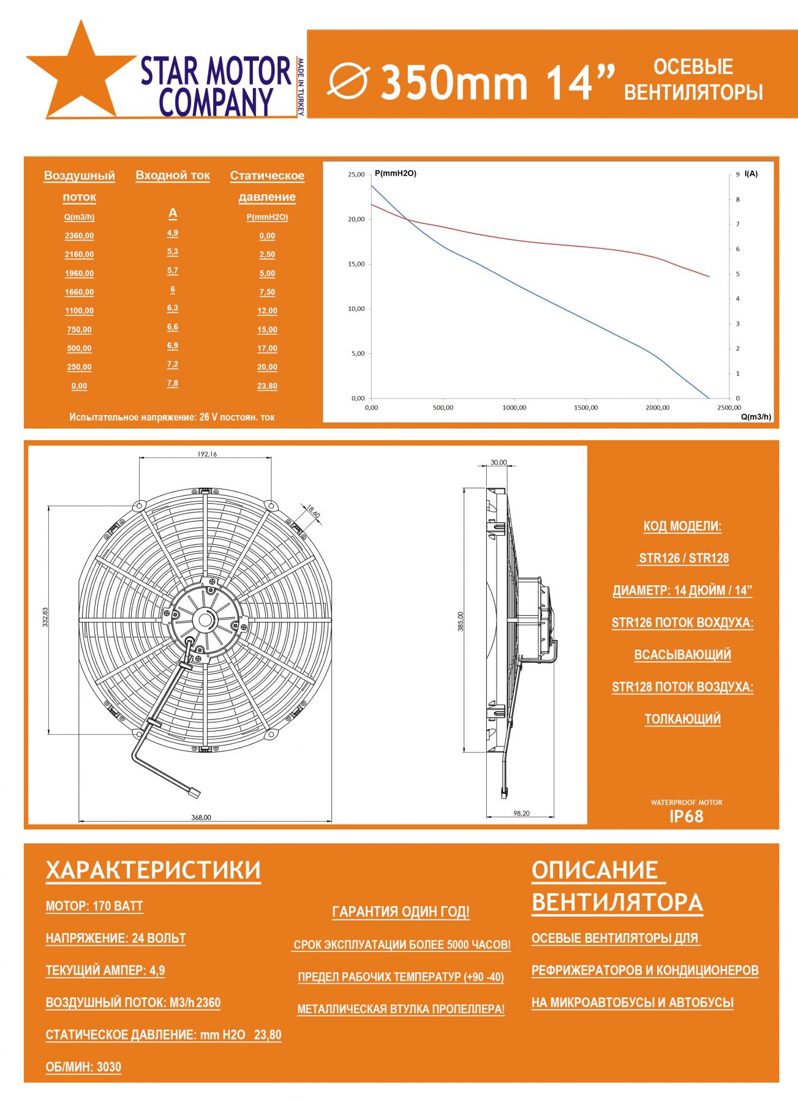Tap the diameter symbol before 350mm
tap(348, 81)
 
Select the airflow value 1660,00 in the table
tap(79, 292)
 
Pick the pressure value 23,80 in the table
tap(267, 386)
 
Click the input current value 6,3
tap(173, 309)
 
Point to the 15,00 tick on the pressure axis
tap(356, 264)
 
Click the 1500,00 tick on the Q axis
tap(585, 408)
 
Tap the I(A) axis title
tap(751, 174)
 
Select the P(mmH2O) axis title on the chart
tap(396, 174)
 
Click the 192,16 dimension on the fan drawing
tap(207, 454)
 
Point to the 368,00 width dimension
tap(201, 817)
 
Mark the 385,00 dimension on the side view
tap(461, 621)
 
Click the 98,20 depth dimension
tap(521, 814)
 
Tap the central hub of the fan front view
tap(203, 620)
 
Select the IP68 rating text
tap(686, 817)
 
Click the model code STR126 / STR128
tap(683, 558)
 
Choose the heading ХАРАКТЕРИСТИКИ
tap(153, 871)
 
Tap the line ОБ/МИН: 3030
tap(83, 1067)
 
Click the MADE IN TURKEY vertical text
tap(301, 87)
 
